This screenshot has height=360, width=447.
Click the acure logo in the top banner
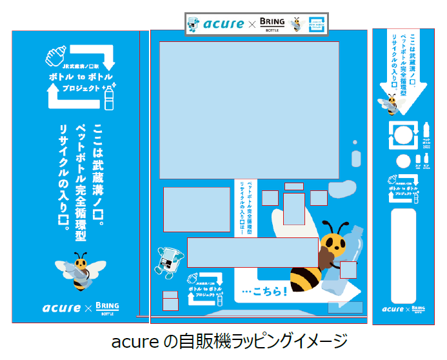pos(223,24)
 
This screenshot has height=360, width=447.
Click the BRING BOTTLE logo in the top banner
pos(271,24)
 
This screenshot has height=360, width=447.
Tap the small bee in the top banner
pos(296,24)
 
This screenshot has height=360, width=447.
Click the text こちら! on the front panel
pos(261,292)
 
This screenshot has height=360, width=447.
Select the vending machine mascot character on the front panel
pos(168,261)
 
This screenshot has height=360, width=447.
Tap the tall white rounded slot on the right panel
pos(404,255)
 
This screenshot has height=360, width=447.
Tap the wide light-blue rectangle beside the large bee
pos(252,252)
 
